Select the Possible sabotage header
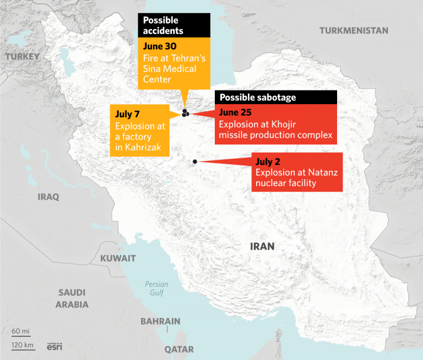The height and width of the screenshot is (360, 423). (x=258, y=98)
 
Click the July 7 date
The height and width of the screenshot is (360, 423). (x=127, y=114)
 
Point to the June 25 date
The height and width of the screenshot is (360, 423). (x=235, y=112)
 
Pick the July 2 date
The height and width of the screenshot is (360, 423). (x=268, y=162)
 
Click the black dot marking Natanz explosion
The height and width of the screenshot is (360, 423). (x=195, y=162)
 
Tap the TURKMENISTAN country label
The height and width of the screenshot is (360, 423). (x=354, y=30)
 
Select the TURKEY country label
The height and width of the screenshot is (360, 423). (x=23, y=56)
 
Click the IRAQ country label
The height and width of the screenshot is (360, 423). (x=48, y=197)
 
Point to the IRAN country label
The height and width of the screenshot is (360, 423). (x=262, y=246)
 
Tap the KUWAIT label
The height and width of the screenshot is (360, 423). (x=118, y=258)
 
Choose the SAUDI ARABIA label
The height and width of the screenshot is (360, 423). (x=73, y=298)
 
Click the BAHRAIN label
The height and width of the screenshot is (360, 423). (x=160, y=321)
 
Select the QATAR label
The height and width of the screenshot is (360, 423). (x=179, y=350)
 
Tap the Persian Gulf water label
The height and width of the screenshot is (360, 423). (x=156, y=288)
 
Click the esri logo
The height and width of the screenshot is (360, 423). (x=54, y=347)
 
